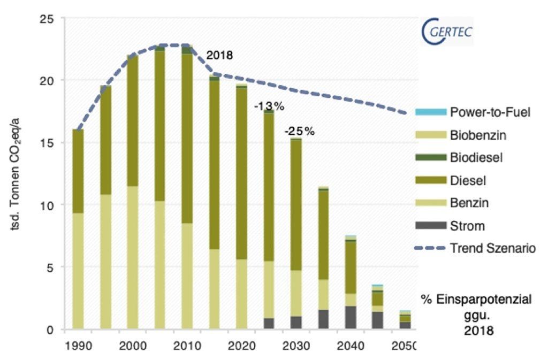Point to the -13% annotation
pos(264,106)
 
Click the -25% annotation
pos(300,131)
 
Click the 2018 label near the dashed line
pos(220,55)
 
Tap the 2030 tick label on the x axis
pos(296,344)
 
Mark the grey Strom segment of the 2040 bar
pos(351,318)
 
